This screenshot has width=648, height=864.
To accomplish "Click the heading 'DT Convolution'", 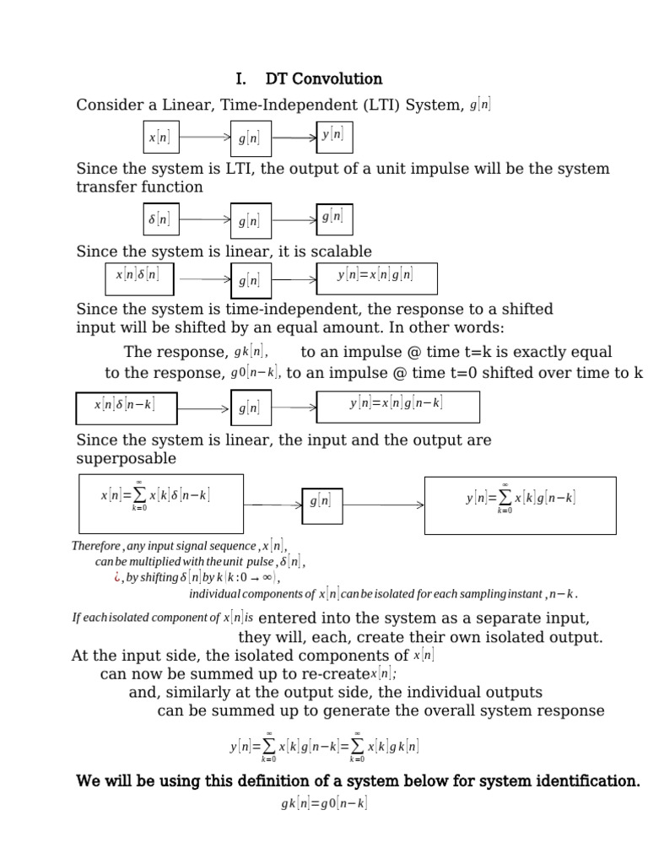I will tap(323, 78).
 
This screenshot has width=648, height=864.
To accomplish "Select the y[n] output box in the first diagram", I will tap(332, 135).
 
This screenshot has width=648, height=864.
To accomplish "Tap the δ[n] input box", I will tap(159, 219).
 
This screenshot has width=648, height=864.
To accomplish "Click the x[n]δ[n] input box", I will tap(138, 275).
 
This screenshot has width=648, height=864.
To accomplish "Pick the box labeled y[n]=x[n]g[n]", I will tap(375, 275).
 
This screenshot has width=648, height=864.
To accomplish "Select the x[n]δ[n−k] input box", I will tap(124, 406).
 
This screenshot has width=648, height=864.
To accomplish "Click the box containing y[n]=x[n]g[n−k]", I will tap(397, 405).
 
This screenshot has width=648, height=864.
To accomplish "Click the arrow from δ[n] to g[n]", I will tap(205, 220).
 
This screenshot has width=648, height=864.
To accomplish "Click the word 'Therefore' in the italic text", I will tap(96, 546).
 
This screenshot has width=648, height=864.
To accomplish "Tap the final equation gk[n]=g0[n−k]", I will tap(324, 804).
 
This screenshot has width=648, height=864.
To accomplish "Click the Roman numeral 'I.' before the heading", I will tap(241, 78).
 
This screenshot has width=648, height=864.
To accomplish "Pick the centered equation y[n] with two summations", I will tap(324, 747).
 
